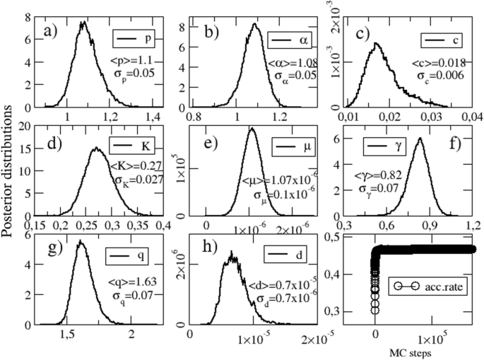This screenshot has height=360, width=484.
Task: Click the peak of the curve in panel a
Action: point(83,23)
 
